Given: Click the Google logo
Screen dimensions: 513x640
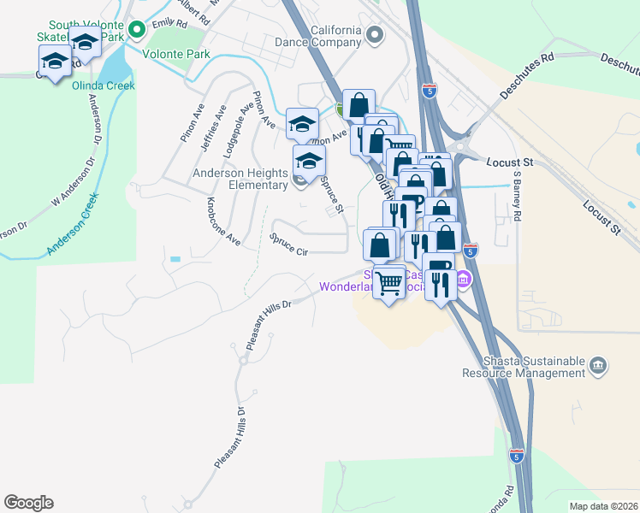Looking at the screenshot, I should click(x=28, y=503).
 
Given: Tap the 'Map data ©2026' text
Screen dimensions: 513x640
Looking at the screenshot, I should click(x=602, y=506).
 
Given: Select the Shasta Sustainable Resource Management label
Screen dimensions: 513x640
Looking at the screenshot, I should click(x=523, y=367).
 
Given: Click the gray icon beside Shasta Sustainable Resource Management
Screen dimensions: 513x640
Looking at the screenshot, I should click(x=598, y=366).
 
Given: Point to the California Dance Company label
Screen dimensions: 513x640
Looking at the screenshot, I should click(x=318, y=35).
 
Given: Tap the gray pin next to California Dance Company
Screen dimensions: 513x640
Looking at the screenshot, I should click(x=373, y=35).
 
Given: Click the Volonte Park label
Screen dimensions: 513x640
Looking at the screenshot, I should click(x=175, y=54).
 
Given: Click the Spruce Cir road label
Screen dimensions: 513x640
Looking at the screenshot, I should click(x=288, y=245).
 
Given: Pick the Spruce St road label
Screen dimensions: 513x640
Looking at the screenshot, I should click(x=331, y=196).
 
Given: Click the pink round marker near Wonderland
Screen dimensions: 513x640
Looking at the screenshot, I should click(x=463, y=279).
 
